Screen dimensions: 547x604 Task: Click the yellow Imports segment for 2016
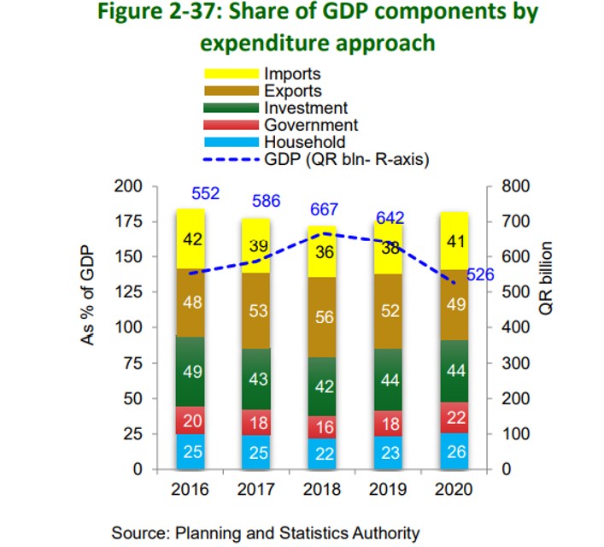[192, 239]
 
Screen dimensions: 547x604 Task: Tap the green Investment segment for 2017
[259, 379]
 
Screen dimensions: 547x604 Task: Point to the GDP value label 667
[325, 209]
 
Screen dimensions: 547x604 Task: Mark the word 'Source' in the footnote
[136, 532]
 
